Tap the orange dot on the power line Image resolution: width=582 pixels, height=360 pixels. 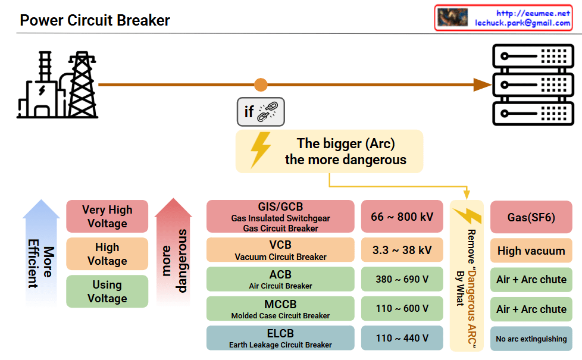click(x=261, y=85)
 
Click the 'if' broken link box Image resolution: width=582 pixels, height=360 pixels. click(x=261, y=112)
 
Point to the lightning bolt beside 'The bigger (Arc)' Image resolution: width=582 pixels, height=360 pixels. click(x=261, y=151)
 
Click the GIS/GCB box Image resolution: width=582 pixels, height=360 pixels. click(x=280, y=216)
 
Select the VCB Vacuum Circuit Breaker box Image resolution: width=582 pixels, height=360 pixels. click(x=280, y=250)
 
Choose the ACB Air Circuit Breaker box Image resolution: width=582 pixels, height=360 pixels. click(x=280, y=279)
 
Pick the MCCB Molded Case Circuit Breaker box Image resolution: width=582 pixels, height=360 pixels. click(x=280, y=308)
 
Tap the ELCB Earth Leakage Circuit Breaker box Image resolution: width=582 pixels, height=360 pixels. click(x=280, y=338)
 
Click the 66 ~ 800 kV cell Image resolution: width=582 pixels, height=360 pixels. click(x=402, y=217)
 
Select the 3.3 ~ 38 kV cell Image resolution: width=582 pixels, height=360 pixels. click(x=402, y=250)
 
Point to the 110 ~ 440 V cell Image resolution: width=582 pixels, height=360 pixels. click(x=402, y=338)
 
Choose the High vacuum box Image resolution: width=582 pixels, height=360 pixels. click(x=531, y=251)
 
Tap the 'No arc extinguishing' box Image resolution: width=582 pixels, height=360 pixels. click(x=531, y=339)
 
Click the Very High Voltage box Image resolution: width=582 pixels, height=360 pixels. click(x=107, y=217)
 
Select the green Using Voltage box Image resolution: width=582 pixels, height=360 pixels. click(x=107, y=292)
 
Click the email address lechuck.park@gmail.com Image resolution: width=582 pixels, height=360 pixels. click(x=522, y=23)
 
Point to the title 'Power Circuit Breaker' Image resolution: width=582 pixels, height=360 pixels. click(x=95, y=20)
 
